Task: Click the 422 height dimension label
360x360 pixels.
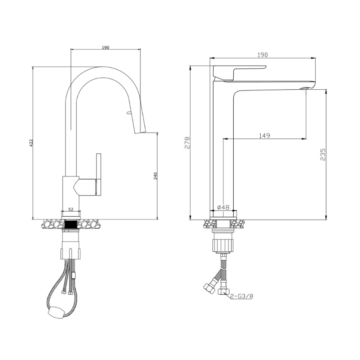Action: [x=31, y=143]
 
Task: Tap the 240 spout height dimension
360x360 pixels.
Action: [x=156, y=176]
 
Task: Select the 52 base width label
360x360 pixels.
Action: [x=71, y=209]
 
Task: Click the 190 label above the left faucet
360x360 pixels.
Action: [x=105, y=48]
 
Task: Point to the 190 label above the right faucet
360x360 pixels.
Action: [x=262, y=55]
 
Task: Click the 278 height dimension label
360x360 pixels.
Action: [x=187, y=143]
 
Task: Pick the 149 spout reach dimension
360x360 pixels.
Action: [x=265, y=136]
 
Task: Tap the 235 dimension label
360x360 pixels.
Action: [x=323, y=154]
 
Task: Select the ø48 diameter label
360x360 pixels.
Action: [x=223, y=207]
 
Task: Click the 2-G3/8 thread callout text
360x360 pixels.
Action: [x=242, y=296]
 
